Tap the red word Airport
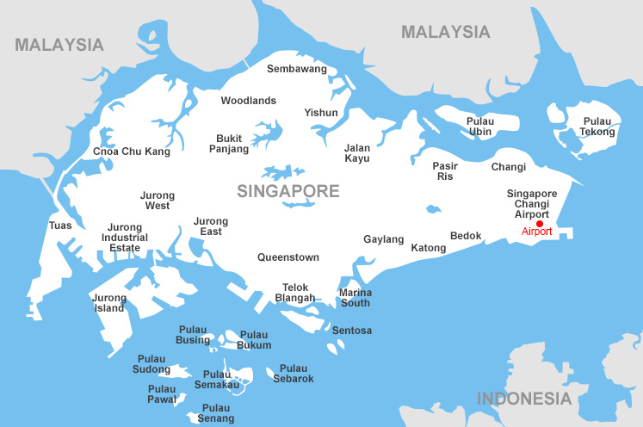(x=536, y=232)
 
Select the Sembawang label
(x=297, y=69)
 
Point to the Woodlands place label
(x=248, y=101)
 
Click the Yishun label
(x=321, y=113)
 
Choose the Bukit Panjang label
(x=229, y=144)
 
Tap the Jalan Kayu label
(x=356, y=153)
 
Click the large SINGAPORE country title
(x=288, y=190)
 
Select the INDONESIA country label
(x=524, y=399)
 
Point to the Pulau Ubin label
(x=480, y=127)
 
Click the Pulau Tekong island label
(x=598, y=127)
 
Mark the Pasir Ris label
(x=445, y=170)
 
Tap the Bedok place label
(x=466, y=236)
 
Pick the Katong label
(x=429, y=248)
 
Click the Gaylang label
(x=384, y=239)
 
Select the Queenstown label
(x=288, y=257)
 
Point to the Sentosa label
(x=352, y=331)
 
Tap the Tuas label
(x=61, y=226)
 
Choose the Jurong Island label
(x=109, y=303)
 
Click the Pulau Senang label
(x=216, y=413)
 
